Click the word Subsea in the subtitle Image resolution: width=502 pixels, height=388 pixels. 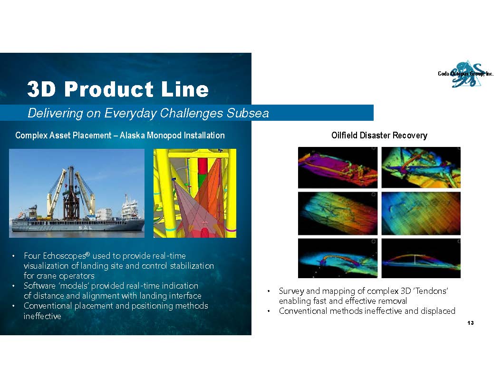click(x=248, y=113)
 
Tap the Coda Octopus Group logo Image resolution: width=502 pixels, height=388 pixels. click(x=466, y=74)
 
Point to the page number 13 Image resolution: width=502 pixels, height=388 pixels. click(x=470, y=323)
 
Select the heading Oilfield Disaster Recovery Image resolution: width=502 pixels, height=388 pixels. click(x=379, y=136)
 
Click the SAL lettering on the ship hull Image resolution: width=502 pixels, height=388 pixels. click(x=85, y=228)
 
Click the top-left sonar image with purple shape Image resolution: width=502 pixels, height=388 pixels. click(x=338, y=168)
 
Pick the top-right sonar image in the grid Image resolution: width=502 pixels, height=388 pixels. click(x=421, y=168)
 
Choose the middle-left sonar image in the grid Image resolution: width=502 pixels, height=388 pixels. click(x=338, y=213)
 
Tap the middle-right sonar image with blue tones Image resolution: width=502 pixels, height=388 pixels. click(x=421, y=213)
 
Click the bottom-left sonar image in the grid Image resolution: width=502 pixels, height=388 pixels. click(x=338, y=258)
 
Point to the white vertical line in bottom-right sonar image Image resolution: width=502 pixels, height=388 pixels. click(x=415, y=259)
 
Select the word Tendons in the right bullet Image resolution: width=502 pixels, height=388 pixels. click(x=432, y=291)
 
